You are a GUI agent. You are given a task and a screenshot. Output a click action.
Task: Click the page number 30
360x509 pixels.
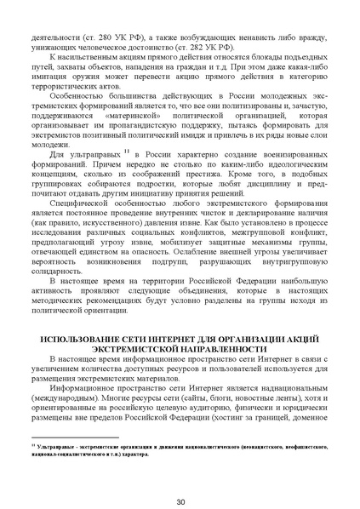[x=180, y=478]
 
